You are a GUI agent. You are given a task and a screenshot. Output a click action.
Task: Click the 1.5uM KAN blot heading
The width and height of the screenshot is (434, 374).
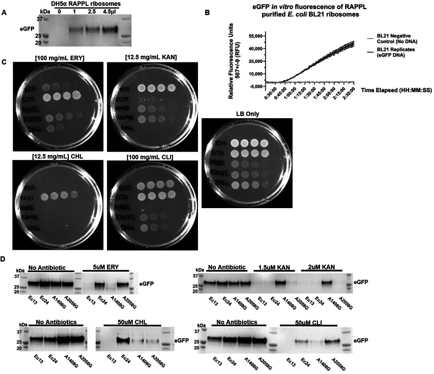276,266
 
